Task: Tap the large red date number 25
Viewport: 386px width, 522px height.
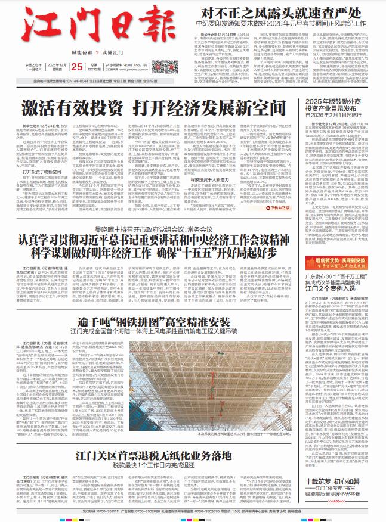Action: tap(76, 66)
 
